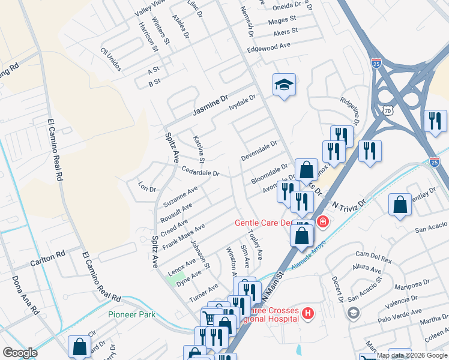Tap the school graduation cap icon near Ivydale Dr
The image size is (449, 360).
(284, 85)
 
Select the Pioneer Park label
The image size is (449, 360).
(131, 314)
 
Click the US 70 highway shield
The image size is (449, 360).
(388, 110)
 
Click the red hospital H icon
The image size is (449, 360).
(307, 313)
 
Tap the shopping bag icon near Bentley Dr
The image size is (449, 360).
(400, 205)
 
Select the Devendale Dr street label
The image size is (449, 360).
(259, 151)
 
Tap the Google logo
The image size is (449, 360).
(20, 353)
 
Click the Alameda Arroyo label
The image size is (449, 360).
(307, 255)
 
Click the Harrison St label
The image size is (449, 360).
(148, 35)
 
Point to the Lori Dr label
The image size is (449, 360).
(146, 187)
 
